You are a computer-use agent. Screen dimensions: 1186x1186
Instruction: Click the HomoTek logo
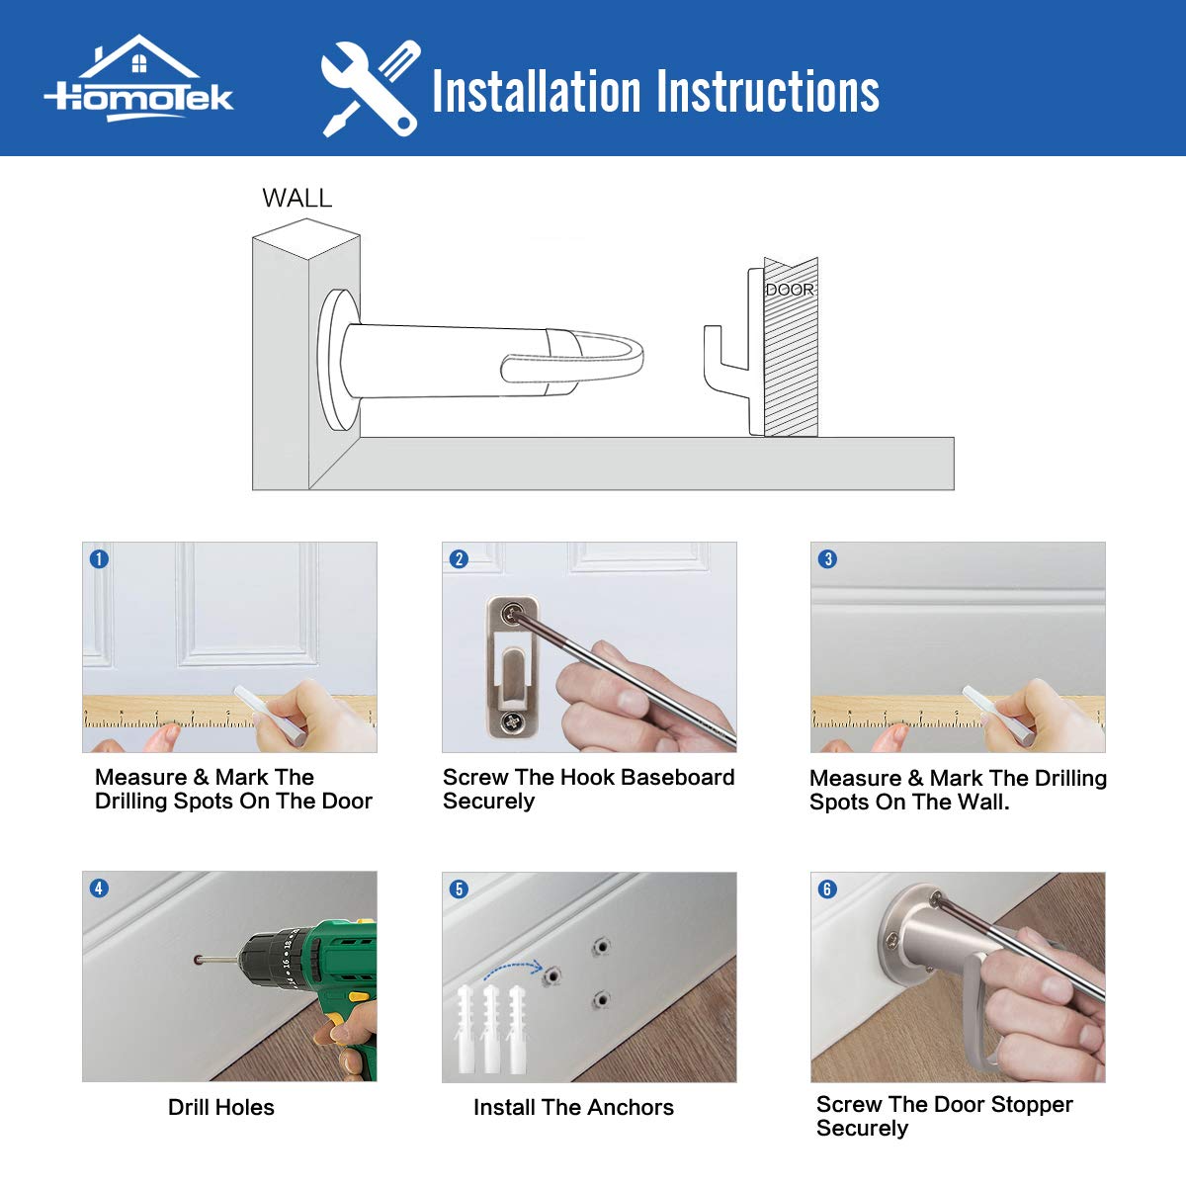[x=138, y=78]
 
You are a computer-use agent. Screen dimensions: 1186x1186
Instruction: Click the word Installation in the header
[x=537, y=91]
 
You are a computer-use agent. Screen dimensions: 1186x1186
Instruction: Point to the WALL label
[x=297, y=199]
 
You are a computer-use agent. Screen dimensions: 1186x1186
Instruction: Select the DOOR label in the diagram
[x=790, y=290]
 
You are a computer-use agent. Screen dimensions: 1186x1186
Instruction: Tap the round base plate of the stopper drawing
[x=337, y=360]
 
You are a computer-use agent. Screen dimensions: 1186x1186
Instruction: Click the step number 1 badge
[x=99, y=558]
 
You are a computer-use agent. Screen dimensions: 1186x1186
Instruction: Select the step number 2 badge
[x=459, y=558]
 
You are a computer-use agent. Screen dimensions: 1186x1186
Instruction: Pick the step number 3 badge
[x=827, y=558]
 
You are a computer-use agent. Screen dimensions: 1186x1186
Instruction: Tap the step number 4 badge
[x=99, y=889]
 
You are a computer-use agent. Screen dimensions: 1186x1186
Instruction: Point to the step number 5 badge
[x=459, y=889]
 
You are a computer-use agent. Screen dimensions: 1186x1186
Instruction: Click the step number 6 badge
[x=827, y=889]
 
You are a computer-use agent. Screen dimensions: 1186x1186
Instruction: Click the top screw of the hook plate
[x=512, y=613]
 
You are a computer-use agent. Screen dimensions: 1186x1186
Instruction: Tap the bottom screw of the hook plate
[x=512, y=721]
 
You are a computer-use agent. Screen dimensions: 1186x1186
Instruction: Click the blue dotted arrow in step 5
[x=512, y=966]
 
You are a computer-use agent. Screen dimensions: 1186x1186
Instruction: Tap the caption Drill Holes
[x=221, y=1107]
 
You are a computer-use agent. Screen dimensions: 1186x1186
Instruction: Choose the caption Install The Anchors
[x=573, y=1107]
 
